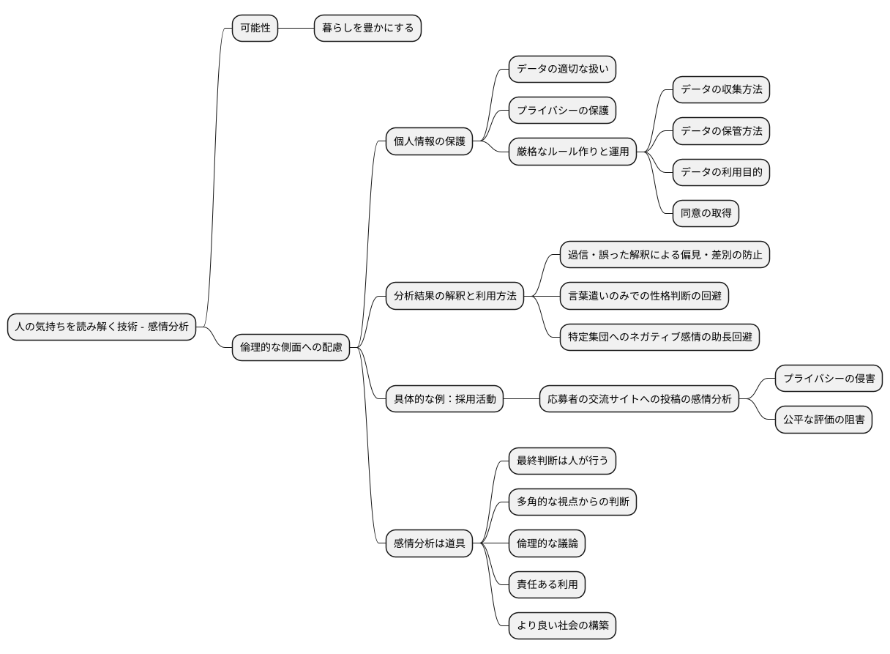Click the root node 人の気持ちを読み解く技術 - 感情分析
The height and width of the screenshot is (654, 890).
[x=102, y=327]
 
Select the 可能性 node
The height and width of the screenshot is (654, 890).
[x=255, y=29]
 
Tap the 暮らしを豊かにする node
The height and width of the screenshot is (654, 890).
[x=367, y=29]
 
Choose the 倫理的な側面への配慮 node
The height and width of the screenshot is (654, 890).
[x=291, y=347]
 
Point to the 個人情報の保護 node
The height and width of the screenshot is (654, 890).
[x=429, y=141]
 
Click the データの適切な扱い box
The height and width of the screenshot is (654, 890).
[x=562, y=70]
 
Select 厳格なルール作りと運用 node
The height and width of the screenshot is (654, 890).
[x=572, y=152]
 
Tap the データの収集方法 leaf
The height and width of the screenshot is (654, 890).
[x=721, y=89]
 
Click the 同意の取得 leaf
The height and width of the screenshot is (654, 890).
[x=706, y=213]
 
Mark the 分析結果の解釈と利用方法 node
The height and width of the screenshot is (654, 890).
[x=455, y=296]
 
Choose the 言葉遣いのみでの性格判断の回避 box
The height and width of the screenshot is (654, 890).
[x=645, y=296]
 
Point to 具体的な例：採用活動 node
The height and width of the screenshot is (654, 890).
[x=444, y=399]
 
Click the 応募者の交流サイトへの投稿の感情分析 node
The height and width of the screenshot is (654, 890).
[x=640, y=399]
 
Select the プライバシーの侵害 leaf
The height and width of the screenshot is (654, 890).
[x=829, y=379]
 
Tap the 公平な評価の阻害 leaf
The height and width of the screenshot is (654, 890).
[x=823, y=420]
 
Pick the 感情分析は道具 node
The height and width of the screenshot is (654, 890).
[x=429, y=543]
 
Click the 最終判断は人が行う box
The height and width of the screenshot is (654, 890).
[x=562, y=461]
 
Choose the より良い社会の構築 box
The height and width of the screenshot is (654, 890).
[x=562, y=626]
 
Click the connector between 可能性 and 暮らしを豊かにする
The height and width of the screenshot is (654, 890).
[x=296, y=29]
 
